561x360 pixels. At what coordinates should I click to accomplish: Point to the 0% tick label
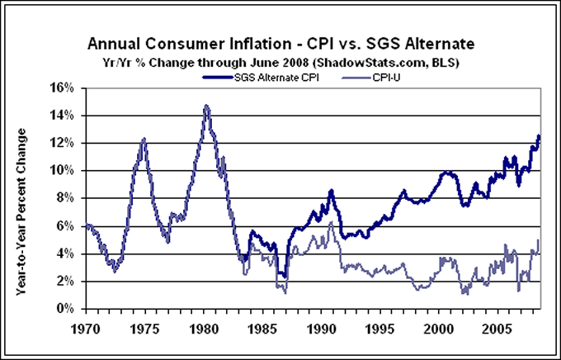[65, 309]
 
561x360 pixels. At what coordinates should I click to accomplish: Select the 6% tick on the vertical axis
[65, 226]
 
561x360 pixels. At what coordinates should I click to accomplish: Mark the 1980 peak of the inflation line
[205, 106]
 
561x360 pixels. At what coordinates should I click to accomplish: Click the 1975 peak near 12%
[144, 139]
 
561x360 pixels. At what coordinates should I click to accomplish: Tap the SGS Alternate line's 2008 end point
[539, 136]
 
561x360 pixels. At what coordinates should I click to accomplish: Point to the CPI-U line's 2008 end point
[539, 240]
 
